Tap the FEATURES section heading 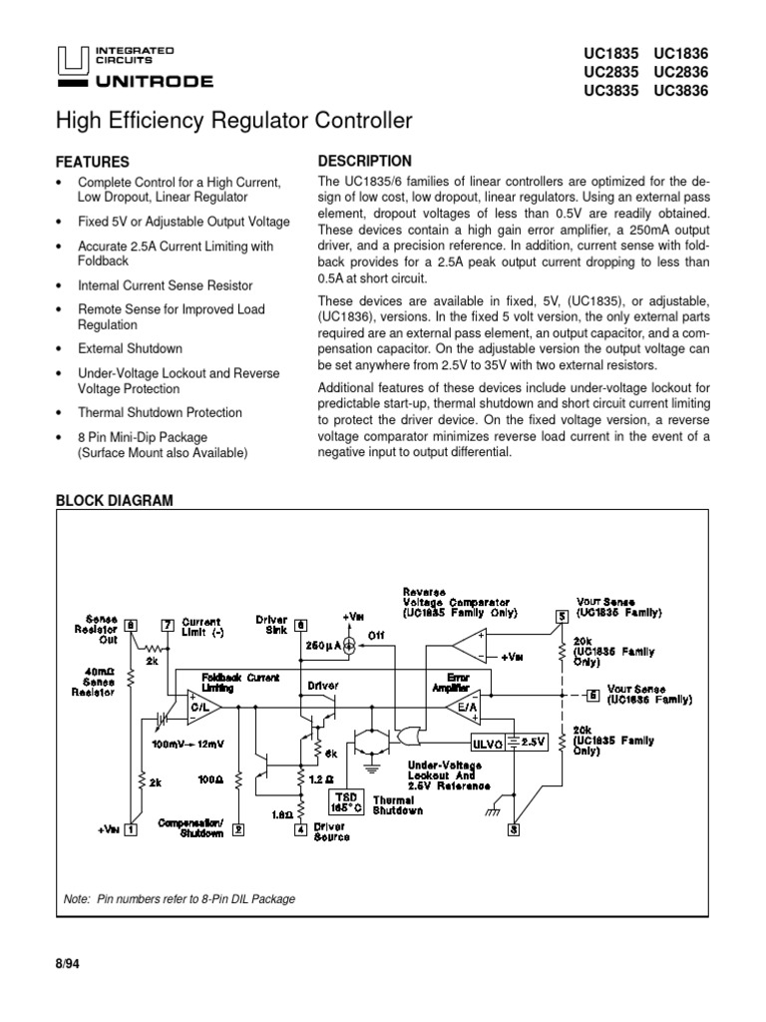pos(93,161)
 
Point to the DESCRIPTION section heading pos(364,161)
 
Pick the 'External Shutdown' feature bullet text pos(130,348)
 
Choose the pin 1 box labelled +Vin pos(131,827)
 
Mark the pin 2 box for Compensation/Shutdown pos(238,828)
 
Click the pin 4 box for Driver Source pos(300,828)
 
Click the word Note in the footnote pos(77,899)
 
